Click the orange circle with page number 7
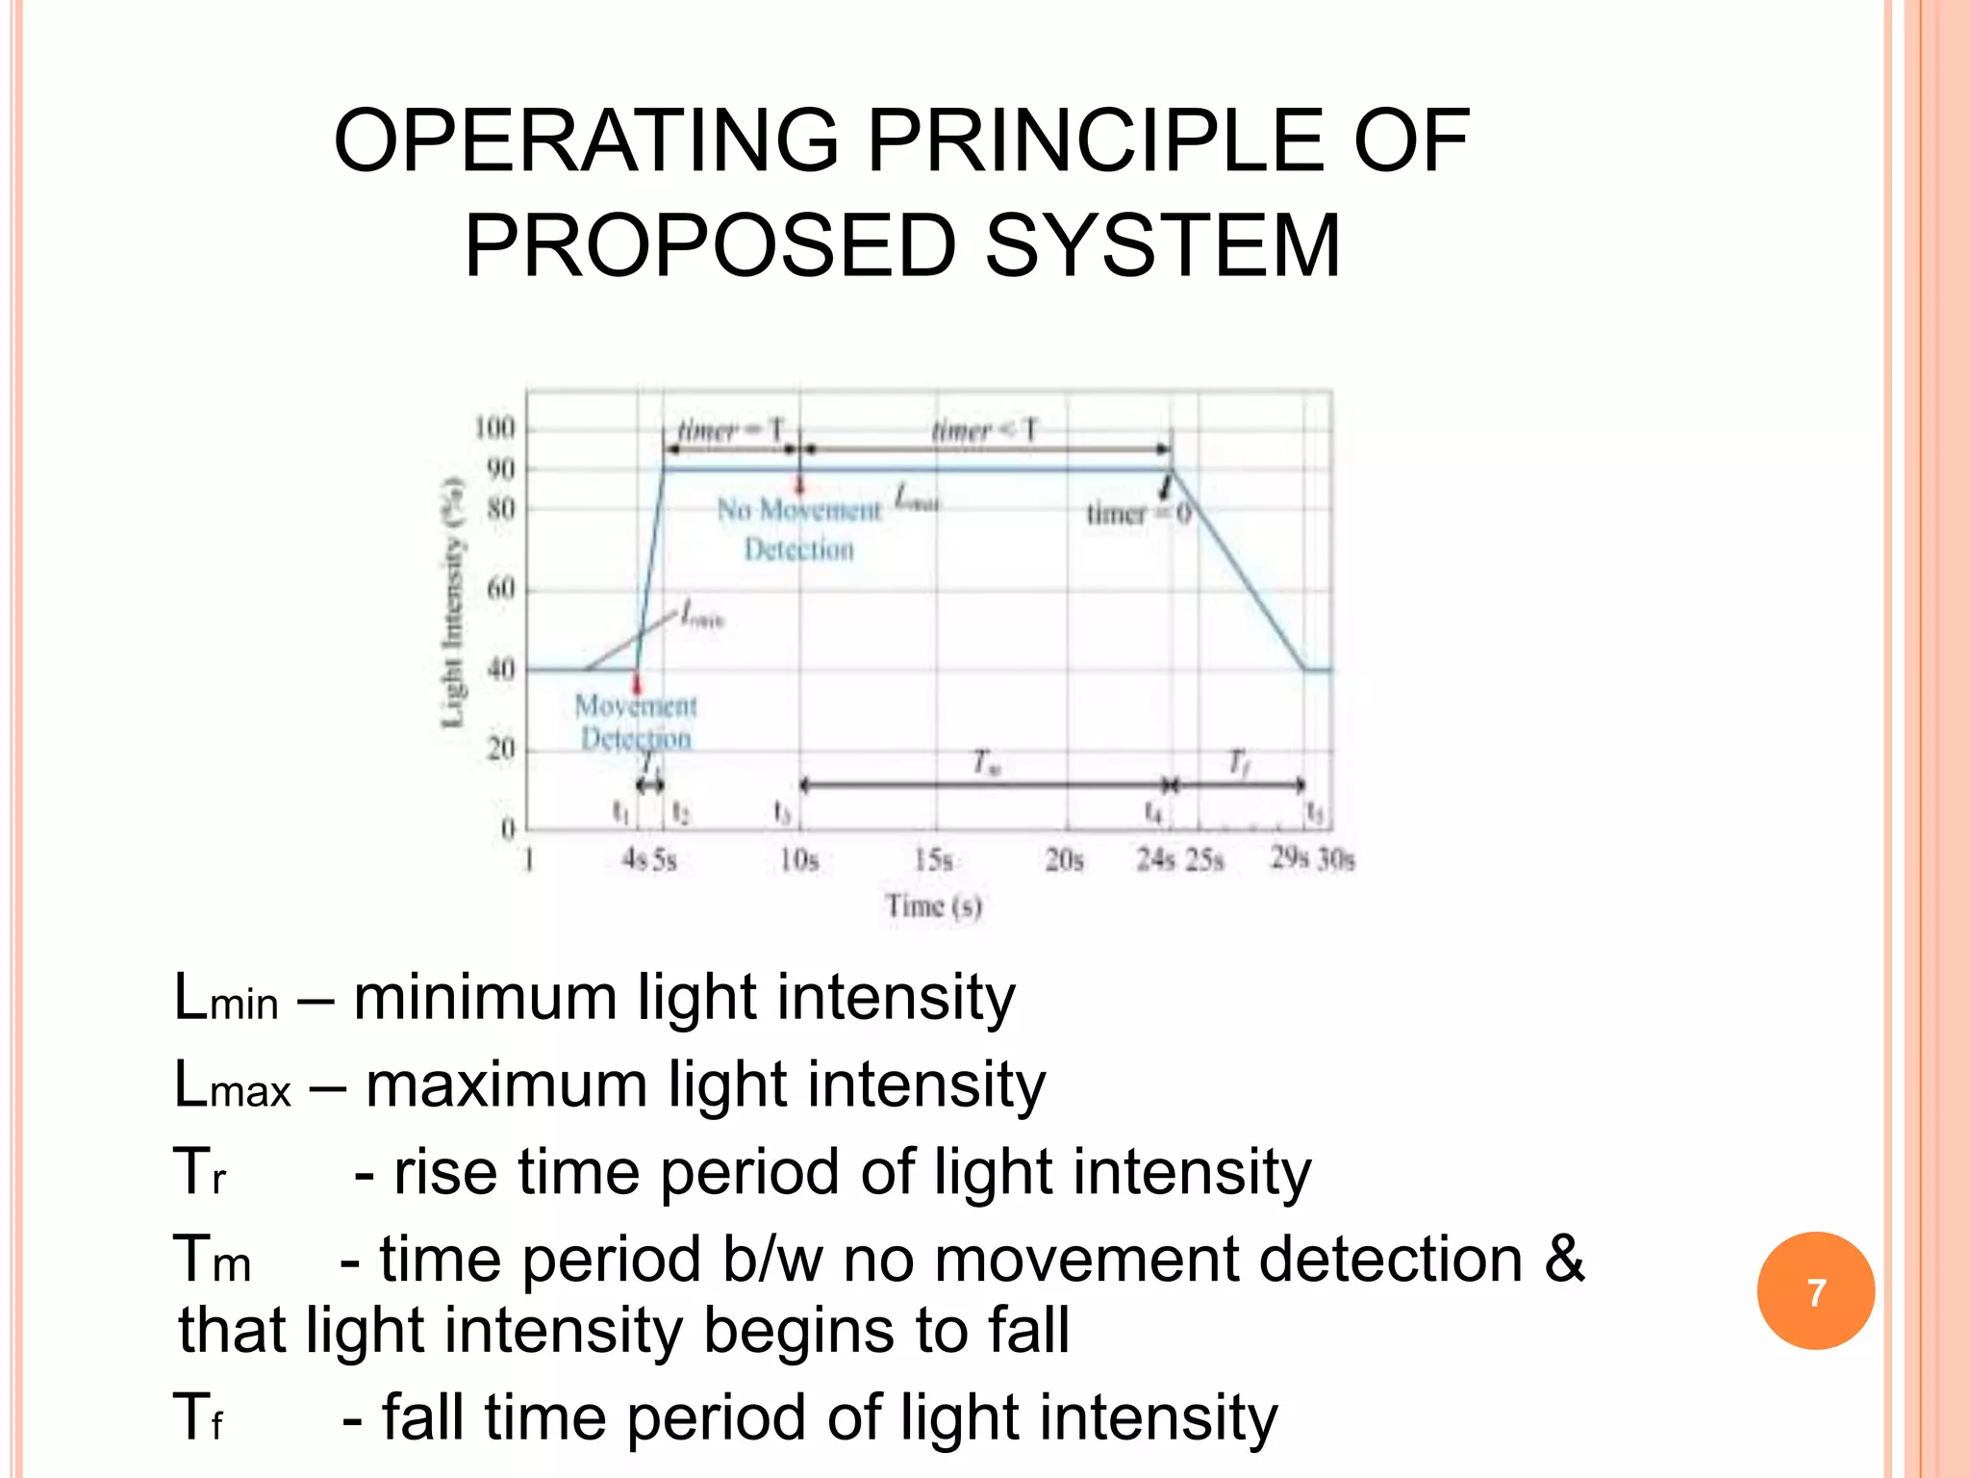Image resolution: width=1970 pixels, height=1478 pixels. pyautogui.click(x=1815, y=1291)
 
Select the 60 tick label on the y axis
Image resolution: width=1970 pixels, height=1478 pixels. pyautogui.click(x=500, y=588)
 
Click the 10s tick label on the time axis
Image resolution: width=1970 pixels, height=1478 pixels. pyautogui.click(x=799, y=859)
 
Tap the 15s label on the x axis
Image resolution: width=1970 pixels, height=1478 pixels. pyautogui.click(x=933, y=859)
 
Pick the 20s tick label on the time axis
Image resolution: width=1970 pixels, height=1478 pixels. pyautogui.click(x=1065, y=859)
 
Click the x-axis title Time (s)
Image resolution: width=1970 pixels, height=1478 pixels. pyautogui.click(x=933, y=905)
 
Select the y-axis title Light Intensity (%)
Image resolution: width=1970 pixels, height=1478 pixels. pyautogui.click(x=453, y=602)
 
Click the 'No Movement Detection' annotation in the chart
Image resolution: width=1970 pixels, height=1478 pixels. pyautogui.click(x=799, y=528)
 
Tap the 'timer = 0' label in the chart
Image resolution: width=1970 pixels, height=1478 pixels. pyautogui.click(x=1139, y=514)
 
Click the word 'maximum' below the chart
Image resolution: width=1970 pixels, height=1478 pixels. pyautogui.click(x=507, y=1084)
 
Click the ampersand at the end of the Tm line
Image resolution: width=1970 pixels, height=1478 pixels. pyautogui.click(x=1564, y=1258)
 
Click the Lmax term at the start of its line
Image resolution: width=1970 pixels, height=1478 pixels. pyautogui.click(x=232, y=1084)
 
